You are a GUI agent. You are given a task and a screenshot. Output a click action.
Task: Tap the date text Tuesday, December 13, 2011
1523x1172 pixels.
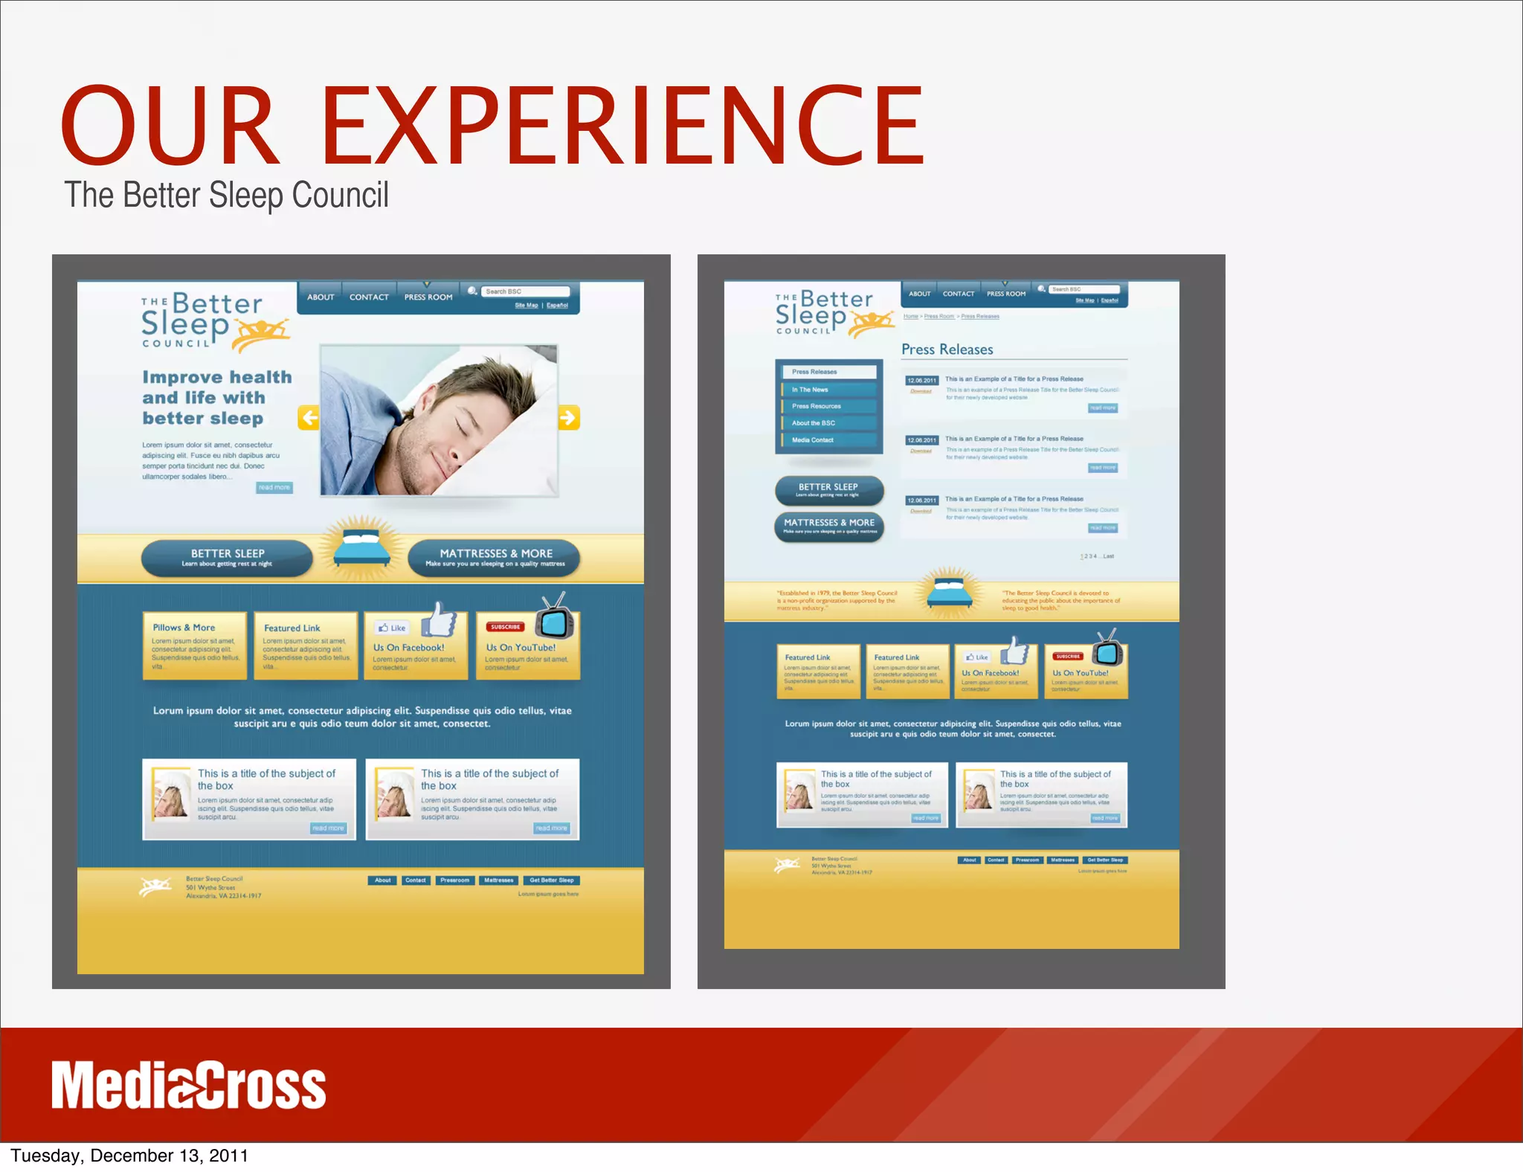(129, 1156)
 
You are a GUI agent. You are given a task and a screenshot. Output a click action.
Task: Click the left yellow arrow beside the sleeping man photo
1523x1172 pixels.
(309, 417)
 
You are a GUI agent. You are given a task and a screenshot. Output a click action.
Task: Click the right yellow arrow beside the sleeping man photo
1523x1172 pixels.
(569, 417)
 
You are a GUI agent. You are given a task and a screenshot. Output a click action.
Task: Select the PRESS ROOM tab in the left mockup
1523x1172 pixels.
(428, 297)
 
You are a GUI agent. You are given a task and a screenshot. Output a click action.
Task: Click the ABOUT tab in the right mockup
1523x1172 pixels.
(919, 294)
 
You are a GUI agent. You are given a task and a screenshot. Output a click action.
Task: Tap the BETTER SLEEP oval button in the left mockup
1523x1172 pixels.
(228, 557)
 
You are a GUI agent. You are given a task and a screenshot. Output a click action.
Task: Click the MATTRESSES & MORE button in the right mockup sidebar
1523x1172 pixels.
(829, 526)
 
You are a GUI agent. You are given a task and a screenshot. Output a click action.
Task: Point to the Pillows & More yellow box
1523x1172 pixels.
(194, 645)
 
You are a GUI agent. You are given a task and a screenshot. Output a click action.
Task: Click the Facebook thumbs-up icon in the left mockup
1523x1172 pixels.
(441, 619)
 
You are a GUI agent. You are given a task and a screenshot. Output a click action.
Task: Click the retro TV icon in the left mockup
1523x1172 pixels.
(556, 618)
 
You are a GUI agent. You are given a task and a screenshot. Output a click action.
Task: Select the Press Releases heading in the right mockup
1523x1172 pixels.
(947, 350)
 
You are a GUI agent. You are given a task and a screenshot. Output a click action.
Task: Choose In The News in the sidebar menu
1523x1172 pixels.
(811, 390)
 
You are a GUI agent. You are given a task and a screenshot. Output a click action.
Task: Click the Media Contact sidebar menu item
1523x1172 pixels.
(813, 440)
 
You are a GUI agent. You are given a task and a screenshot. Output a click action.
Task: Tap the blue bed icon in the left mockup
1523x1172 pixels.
(361, 550)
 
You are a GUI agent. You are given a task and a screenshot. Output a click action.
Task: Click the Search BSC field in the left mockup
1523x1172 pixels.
(525, 292)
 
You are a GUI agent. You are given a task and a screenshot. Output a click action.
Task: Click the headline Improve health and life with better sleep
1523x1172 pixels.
(216, 398)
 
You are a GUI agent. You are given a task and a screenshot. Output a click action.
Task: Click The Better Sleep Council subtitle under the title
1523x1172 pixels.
(226, 196)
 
